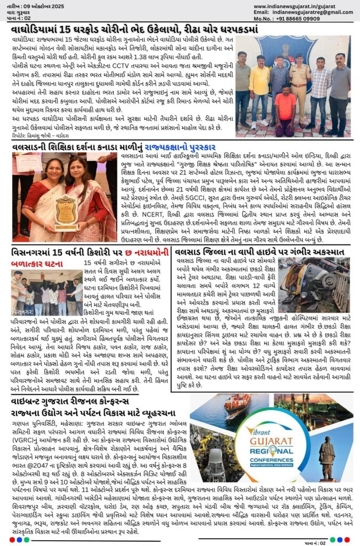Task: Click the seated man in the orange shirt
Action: tap(284, 109)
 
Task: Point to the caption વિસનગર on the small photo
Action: tap(21, 310)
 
